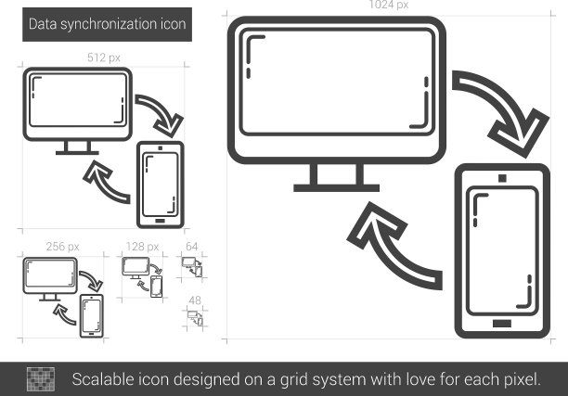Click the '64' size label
pyautogui.click(x=191, y=247)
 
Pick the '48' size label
pyautogui.click(x=195, y=300)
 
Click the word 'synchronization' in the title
pyautogui.click(x=109, y=24)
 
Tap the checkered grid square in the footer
pyautogui.click(x=41, y=379)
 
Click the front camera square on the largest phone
pyautogui.click(x=502, y=178)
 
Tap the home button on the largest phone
pyautogui.click(x=502, y=324)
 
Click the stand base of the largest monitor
pyautogui.click(x=337, y=188)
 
